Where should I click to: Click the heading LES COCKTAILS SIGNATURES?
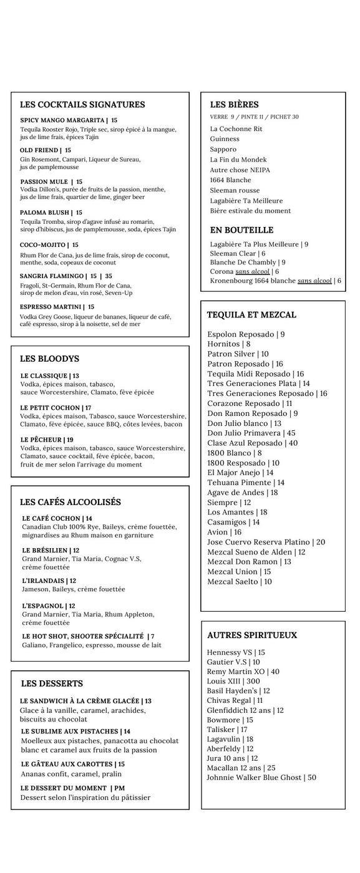[82, 105]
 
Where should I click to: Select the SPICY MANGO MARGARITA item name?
[62, 120]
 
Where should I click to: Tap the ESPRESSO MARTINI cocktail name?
[51, 307]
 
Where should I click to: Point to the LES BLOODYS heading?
[49, 359]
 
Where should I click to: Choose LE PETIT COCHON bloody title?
[50, 408]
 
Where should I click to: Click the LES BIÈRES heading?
[234, 105]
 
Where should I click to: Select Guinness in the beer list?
[225, 139]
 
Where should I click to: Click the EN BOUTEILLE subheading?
[241, 230]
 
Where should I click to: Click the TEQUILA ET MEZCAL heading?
[251, 315]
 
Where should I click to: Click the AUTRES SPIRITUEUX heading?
[252, 635]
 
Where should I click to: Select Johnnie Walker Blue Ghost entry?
[261, 777]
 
